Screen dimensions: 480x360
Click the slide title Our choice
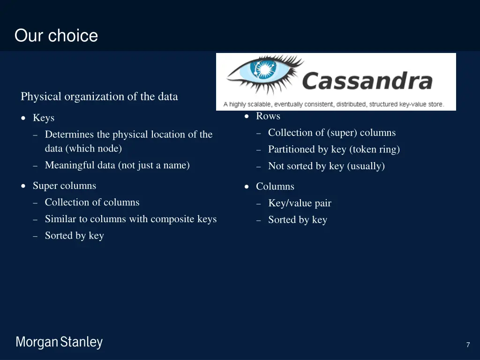(x=56, y=36)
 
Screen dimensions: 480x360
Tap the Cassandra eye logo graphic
(x=264, y=74)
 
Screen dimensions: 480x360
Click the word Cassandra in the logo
(x=367, y=81)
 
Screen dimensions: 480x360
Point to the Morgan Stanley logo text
(x=59, y=342)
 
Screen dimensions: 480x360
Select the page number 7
(x=468, y=345)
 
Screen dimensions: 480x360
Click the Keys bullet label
(x=44, y=118)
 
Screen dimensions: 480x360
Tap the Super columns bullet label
(x=64, y=186)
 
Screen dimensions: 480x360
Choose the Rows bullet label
(x=268, y=116)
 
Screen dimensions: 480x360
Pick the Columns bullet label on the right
(x=275, y=187)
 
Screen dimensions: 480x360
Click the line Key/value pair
(x=300, y=203)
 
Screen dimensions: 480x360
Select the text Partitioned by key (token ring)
(x=334, y=150)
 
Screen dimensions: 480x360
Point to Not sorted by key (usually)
(x=326, y=166)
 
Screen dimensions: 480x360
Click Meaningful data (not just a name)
(x=117, y=165)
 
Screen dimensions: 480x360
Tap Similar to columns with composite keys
(x=131, y=219)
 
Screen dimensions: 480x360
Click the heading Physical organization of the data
(x=99, y=97)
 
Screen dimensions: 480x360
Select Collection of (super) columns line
(x=332, y=133)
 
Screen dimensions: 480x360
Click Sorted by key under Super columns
(x=75, y=236)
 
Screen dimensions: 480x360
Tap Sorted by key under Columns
(x=298, y=220)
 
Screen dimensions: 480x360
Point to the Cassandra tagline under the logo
(x=334, y=105)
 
